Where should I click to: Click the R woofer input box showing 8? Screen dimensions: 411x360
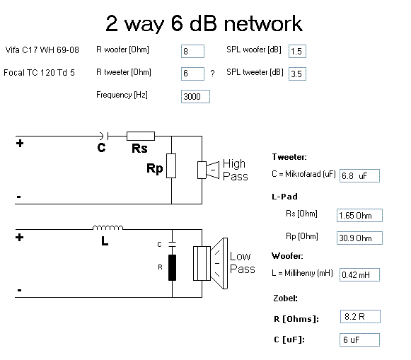[x=192, y=51]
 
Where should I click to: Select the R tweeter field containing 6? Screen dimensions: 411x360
[x=192, y=74]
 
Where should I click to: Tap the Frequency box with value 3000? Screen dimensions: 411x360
[x=195, y=96]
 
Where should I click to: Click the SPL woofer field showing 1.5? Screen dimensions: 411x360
[x=297, y=51]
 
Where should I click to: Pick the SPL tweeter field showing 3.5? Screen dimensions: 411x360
[x=297, y=74]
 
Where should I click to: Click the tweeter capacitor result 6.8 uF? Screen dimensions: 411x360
[x=359, y=175]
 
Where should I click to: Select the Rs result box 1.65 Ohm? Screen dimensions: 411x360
[x=359, y=216]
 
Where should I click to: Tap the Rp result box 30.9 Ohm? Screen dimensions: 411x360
[x=359, y=238]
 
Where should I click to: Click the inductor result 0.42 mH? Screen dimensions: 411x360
[x=359, y=274]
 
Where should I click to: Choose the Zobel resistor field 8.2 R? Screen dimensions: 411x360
[x=360, y=317]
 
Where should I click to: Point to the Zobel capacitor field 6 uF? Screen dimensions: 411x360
[x=359, y=339]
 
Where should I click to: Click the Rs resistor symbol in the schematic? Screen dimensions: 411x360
[x=141, y=136]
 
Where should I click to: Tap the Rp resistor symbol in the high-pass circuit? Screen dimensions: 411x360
[x=171, y=166]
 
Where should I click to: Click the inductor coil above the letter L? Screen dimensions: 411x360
[x=108, y=228]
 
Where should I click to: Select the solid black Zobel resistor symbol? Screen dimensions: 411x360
[x=172, y=267]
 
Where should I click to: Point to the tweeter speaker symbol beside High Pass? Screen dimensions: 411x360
[x=209, y=170]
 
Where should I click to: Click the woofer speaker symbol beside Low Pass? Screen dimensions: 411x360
[x=211, y=263]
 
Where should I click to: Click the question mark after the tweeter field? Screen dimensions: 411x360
[x=213, y=74]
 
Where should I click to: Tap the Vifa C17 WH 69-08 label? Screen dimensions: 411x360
[x=42, y=50]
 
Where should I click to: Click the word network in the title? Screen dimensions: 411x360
[x=263, y=23]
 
